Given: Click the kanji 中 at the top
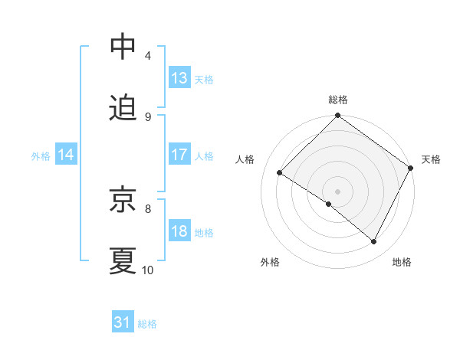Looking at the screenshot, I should click(x=123, y=47).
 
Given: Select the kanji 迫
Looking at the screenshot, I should click(x=123, y=109).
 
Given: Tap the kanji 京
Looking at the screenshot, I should click(x=123, y=201).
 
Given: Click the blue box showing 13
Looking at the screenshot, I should click(x=179, y=78).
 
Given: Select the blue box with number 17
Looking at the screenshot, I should click(x=179, y=155).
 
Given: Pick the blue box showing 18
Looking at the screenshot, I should click(x=179, y=231).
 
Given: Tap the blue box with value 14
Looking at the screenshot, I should click(x=66, y=155).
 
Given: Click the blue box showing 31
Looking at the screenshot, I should click(x=123, y=323).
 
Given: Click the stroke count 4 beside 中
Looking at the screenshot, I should click(x=148, y=55).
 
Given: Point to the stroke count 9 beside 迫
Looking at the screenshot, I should click(x=148, y=116).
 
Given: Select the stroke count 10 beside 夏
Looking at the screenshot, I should click(x=148, y=270).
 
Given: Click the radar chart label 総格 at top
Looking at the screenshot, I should click(x=338, y=100).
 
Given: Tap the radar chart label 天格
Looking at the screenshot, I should click(x=431, y=159).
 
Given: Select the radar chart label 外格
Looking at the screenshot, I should click(x=270, y=262).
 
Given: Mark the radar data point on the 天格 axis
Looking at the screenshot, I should click(x=411, y=167).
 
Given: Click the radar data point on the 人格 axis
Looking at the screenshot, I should click(x=280, y=172).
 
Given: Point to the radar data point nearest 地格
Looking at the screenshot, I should click(x=374, y=242).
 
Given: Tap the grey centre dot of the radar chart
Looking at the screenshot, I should click(x=338, y=191).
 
